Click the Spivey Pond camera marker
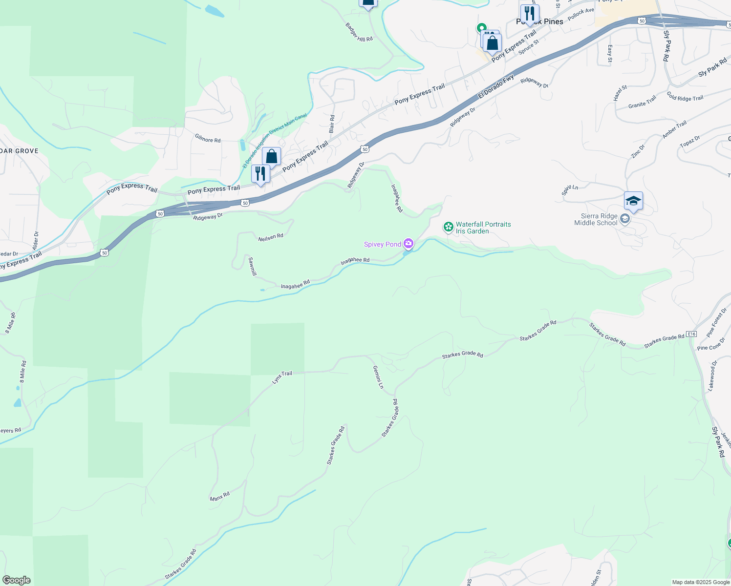(x=408, y=244)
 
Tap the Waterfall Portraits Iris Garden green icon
(x=448, y=227)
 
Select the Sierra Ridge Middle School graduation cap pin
(x=633, y=201)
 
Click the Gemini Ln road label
(x=378, y=377)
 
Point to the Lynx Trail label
(x=282, y=377)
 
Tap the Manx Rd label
(x=220, y=497)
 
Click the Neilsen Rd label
(x=271, y=237)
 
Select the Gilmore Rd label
(x=208, y=139)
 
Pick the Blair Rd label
(x=332, y=124)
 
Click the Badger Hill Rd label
(x=359, y=32)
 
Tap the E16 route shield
(x=691, y=334)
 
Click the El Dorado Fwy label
(x=496, y=87)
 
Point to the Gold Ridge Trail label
(x=685, y=98)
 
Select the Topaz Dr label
(x=690, y=142)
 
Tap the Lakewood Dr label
(x=713, y=376)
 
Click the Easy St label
(x=610, y=54)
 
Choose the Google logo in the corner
(x=17, y=580)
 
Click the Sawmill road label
(x=252, y=267)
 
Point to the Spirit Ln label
(x=570, y=190)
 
